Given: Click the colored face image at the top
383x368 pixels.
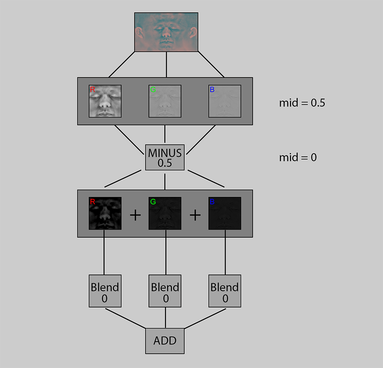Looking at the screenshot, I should click(166, 32).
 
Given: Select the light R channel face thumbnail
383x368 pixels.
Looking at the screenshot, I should click(105, 101).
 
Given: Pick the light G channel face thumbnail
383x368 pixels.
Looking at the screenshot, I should click(165, 101).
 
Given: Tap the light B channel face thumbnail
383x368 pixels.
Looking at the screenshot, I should click(225, 101).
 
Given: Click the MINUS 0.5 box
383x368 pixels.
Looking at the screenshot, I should click(165, 157).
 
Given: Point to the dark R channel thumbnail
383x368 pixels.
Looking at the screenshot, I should click(105, 213).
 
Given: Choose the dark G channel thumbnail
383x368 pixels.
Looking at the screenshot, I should click(165, 213).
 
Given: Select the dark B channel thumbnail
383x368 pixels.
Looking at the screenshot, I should click(225, 213).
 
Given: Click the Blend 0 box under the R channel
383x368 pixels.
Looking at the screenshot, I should click(105, 291).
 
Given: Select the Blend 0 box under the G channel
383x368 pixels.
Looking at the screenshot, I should click(166, 291).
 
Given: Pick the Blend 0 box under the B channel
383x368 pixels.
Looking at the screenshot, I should click(225, 291).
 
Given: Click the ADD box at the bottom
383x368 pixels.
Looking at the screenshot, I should click(165, 340).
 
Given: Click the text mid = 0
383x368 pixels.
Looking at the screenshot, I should click(298, 157).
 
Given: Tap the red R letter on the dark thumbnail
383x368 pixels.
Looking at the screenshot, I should click(92, 202).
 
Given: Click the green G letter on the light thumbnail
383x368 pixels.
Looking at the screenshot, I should click(152, 90).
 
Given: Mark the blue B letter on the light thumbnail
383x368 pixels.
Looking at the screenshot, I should click(212, 90).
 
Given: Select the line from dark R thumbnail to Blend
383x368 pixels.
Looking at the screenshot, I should click(104, 256).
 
